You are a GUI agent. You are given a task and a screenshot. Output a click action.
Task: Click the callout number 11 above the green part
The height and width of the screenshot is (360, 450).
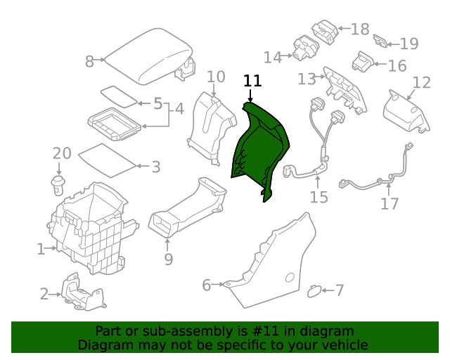(252, 81)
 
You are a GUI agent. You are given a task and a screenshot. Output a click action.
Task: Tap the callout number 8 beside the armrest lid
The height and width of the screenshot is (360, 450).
(89, 62)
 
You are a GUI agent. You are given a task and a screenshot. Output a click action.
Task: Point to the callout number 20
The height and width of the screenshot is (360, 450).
(62, 153)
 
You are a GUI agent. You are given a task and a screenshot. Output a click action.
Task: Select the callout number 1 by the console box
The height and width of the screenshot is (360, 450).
(41, 248)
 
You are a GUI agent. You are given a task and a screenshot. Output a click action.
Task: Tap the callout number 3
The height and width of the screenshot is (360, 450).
(155, 167)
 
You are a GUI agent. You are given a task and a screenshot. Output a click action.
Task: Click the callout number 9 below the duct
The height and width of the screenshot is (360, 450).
(168, 259)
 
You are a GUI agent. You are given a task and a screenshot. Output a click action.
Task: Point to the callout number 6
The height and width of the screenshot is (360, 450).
(206, 285)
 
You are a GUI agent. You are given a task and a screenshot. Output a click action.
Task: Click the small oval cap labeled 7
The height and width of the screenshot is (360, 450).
(315, 289)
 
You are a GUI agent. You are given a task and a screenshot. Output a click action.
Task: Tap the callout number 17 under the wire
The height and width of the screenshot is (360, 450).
(390, 204)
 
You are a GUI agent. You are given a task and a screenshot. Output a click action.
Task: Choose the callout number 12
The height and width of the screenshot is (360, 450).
(421, 83)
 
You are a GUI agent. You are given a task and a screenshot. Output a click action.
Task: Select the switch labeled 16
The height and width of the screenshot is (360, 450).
(364, 61)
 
